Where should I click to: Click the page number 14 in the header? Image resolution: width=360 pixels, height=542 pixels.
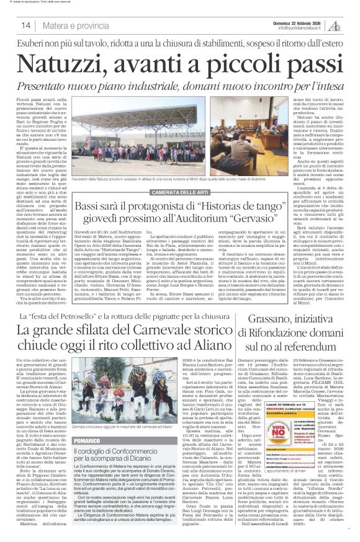coord(27,25)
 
